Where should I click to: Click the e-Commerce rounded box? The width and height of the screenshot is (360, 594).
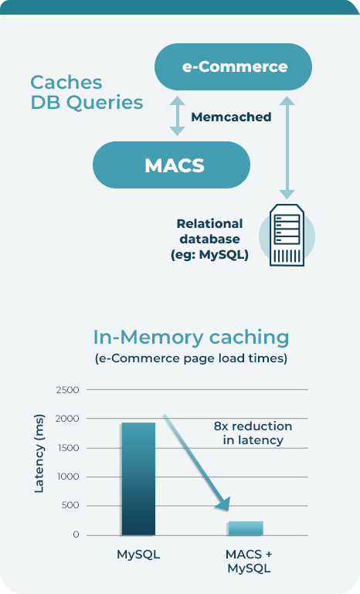[233, 66]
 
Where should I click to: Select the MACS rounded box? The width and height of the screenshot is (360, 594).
[172, 165]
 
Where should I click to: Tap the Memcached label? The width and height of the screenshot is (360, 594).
[231, 117]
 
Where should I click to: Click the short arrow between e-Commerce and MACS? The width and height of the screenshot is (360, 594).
[177, 116]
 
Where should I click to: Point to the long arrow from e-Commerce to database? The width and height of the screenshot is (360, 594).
[287, 148]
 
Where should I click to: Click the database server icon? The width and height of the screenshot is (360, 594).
[287, 235]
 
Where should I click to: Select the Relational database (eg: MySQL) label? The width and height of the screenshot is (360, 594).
[209, 239]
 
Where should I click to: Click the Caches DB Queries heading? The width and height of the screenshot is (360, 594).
[87, 92]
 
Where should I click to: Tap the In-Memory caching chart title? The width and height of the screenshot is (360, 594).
[191, 337]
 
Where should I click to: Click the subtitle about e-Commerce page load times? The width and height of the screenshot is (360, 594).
[191, 358]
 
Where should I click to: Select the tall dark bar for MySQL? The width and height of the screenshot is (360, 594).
[138, 479]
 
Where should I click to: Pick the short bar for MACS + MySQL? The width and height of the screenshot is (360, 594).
[246, 528]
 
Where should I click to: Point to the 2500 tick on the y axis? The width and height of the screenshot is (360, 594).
[68, 390]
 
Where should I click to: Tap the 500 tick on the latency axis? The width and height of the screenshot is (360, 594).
[70, 505]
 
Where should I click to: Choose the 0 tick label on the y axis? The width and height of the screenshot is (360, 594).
[76, 535]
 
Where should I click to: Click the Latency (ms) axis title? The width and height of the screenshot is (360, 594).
[39, 453]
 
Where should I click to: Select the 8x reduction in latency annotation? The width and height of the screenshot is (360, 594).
[253, 433]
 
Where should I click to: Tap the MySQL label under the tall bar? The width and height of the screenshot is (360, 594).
[138, 555]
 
